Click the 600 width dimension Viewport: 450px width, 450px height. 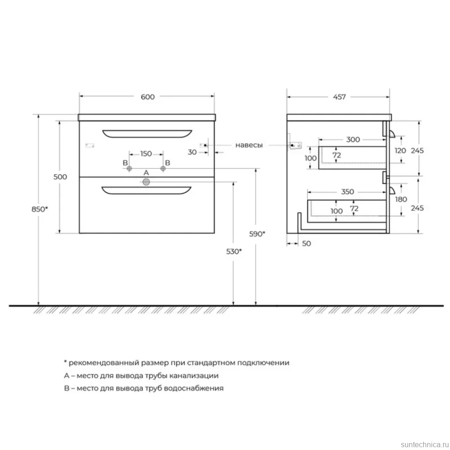[148, 97]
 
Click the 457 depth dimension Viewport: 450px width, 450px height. [339, 97]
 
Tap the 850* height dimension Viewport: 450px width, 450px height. [39, 209]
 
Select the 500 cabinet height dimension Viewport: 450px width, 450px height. [60, 177]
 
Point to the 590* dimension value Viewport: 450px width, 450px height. [257, 234]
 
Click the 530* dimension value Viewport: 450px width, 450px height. [234, 251]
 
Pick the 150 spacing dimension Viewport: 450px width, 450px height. [146, 154]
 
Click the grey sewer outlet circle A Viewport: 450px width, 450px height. [146, 182]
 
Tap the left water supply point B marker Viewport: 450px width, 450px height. [129, 168]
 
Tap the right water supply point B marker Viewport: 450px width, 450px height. [163, 168]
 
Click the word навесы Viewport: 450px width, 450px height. [249, 145]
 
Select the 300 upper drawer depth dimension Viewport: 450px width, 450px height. [353, 140]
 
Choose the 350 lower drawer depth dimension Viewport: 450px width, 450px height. [347, 192]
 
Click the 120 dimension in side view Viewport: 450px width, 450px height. [400, 150]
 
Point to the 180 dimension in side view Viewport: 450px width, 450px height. [401, 199]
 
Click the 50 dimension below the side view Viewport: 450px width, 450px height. [307, 244]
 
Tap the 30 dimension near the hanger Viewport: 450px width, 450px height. [192, 152]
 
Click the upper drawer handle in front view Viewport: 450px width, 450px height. [147, 134]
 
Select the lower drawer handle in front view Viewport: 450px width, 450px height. [146, 191]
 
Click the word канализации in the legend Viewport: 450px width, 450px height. [194, 376]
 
